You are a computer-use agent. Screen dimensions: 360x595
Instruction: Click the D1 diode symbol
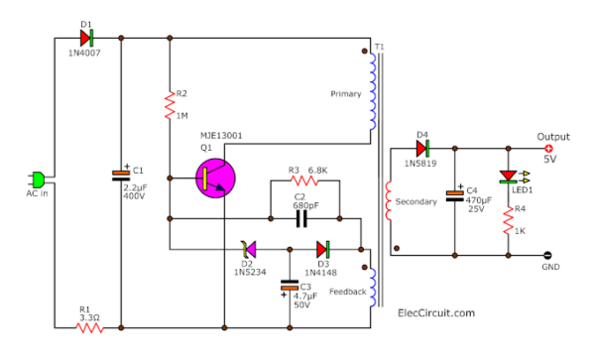click(87, 38)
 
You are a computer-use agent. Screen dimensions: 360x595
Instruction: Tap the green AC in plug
click(38, 180)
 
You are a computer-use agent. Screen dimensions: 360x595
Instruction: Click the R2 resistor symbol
click(169, 103)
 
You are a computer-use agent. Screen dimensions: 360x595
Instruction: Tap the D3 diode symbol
click(323, 248)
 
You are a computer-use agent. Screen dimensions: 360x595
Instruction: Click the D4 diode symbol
click(422, 148)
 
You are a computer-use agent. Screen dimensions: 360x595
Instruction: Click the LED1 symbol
click(508, 175)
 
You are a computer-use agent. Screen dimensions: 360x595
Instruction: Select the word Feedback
click(347, 292)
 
